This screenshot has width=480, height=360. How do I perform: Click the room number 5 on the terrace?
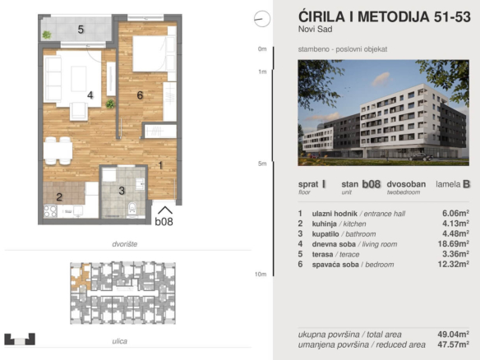tap(81, 30)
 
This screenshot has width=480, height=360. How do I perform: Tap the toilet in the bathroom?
tap(132, 208)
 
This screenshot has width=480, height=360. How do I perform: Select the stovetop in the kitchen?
tap(50, 211)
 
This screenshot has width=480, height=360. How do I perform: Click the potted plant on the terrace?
tap(47, 35)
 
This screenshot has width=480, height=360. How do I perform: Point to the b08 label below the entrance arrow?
tap(164, 221)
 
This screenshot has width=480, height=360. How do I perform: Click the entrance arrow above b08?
tap(165, 210)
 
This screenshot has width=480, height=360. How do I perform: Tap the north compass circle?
tap(262, 19)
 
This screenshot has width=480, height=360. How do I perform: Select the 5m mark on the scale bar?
tap(262, 164)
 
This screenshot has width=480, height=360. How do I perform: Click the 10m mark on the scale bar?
tap(261, 274)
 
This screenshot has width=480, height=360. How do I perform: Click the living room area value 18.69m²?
tap(454, 243)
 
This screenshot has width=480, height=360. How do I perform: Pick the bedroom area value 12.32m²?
tap(454, 264)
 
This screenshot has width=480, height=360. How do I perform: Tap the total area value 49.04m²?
tap(454, 334)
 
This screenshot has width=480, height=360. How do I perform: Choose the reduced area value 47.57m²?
tap(454, 344)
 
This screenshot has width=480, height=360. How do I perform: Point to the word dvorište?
tap(125, 244)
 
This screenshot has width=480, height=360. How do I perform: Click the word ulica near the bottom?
tap(119, 341)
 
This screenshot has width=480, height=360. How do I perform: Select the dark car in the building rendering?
tap(421, 157)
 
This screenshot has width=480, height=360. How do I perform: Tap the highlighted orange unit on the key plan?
tap(79, 277)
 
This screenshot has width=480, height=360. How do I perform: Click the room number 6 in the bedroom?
tap(140, 95)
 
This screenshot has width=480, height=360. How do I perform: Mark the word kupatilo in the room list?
tap(325, 234)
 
